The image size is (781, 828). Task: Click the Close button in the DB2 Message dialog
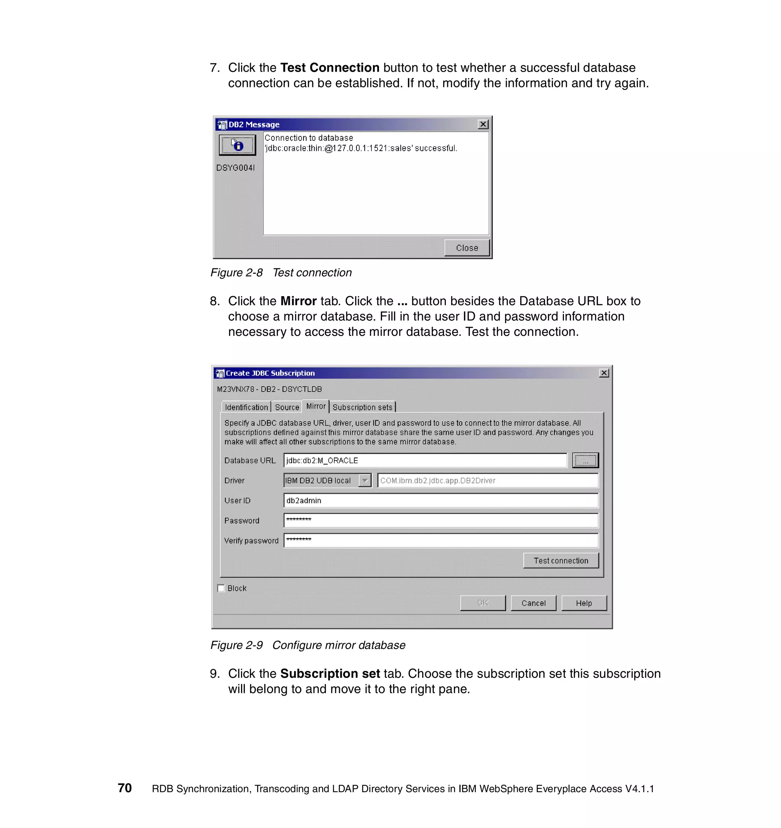(466, 248)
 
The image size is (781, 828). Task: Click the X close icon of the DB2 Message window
(483, 124)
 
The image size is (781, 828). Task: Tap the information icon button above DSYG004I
(238, 145)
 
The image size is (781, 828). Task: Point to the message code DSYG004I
(235, 168)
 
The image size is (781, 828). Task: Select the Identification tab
(246, 408)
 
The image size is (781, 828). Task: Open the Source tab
(287, 408)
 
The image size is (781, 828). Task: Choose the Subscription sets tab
(362, 408)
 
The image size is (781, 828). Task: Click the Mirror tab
(316, 406)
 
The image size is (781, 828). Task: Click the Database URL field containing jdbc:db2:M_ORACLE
(425, 460)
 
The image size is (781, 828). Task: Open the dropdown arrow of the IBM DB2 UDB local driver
(365, 480)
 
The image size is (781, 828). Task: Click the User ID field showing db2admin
(441, 500)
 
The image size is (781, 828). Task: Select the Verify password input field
(441, 540)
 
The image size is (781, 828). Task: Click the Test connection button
(561, 561)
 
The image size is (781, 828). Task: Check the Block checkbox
(221, 588)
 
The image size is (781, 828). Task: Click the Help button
(583, 603)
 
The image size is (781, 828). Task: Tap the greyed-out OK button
(482, 603)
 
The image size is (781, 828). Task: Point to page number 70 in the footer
(125, 788)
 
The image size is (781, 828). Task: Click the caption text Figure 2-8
(236, 273)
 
